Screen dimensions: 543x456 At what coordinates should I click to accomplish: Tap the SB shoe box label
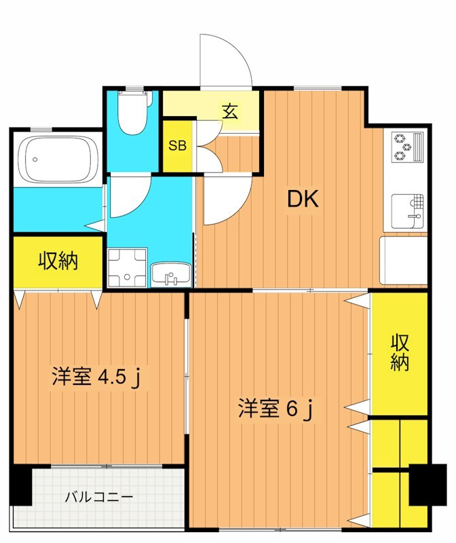pos(178,146)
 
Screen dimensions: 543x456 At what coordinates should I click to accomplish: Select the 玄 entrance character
pos(231,111)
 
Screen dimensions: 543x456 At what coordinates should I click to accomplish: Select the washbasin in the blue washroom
pos(172,275)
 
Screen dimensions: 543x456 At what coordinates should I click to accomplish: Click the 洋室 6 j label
pos(274,409)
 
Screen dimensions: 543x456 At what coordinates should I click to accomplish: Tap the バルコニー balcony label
pos(99,497)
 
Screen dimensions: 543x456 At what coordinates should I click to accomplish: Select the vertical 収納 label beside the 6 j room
pos(400,353)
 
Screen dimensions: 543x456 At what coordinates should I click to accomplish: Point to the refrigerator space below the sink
pos(403,261)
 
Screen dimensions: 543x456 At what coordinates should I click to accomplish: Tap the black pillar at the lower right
pos(428,485)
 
